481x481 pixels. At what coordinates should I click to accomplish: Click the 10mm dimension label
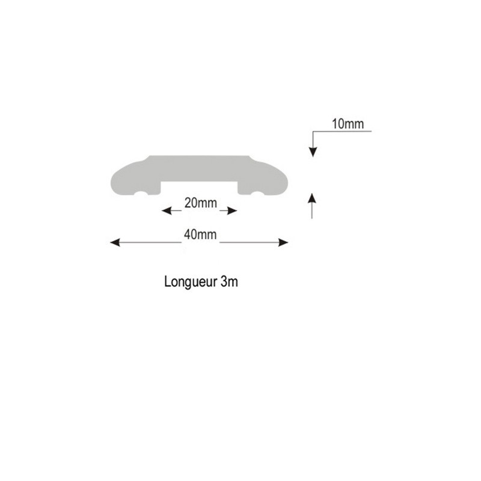tap(348, 124)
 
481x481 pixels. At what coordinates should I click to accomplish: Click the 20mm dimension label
tap(201, 203)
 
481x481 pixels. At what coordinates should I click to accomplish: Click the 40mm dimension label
tap(200, 234)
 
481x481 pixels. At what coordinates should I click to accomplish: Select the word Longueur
tap(191, 282)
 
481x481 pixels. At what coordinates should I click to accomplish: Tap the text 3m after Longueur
tap(229, 281)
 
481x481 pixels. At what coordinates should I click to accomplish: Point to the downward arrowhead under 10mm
tap(313, 152)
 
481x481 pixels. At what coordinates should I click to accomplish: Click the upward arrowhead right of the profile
tap(312, 198)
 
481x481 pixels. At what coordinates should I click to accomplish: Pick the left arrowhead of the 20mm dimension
tap(167, 211)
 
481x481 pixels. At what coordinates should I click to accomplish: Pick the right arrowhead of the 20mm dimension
tap(232, 211)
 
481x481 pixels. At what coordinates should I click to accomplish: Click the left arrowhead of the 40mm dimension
tap(115, 243)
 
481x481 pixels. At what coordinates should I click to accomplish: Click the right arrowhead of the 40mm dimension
tap(283, 243)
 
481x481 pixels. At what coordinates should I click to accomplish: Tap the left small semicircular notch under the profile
tap(141, 194)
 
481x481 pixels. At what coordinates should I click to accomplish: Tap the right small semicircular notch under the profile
tap(258, 194)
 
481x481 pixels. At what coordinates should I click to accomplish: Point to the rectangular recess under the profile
tap(200, 188)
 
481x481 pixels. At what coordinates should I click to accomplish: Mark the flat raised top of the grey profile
tap(199, 157)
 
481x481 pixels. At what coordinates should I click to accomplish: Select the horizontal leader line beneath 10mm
tap(342, 131)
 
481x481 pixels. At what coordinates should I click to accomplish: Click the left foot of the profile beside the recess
tap(155, 190)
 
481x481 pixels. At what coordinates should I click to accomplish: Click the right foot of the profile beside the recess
tap(244, 190)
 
